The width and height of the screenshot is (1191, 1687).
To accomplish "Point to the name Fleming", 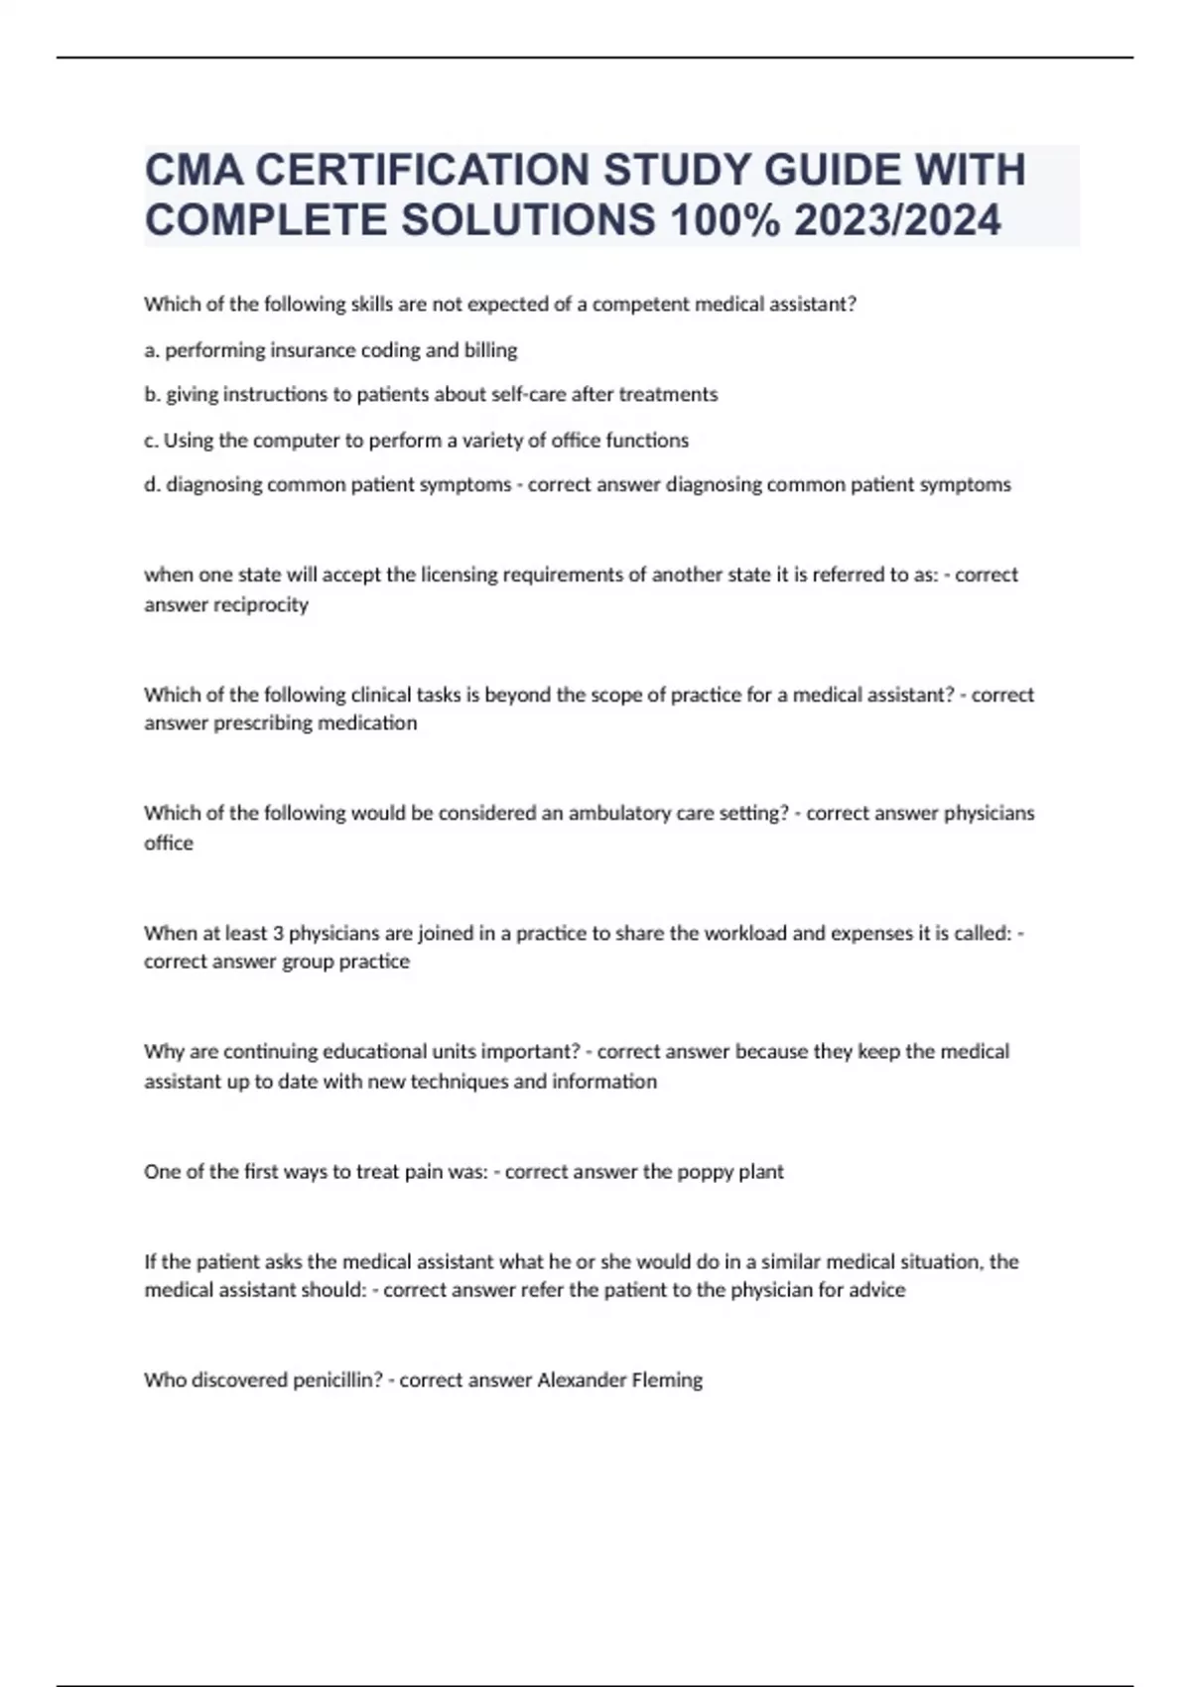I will (667, 1379).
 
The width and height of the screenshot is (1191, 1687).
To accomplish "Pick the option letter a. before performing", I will (152, 350).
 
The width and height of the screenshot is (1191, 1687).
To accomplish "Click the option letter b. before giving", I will (153, 395).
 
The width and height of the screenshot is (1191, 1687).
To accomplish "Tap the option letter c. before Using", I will (151, 440).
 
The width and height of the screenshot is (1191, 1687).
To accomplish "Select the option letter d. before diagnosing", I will (153, 484).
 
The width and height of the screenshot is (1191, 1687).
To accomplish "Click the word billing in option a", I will (490, 350).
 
